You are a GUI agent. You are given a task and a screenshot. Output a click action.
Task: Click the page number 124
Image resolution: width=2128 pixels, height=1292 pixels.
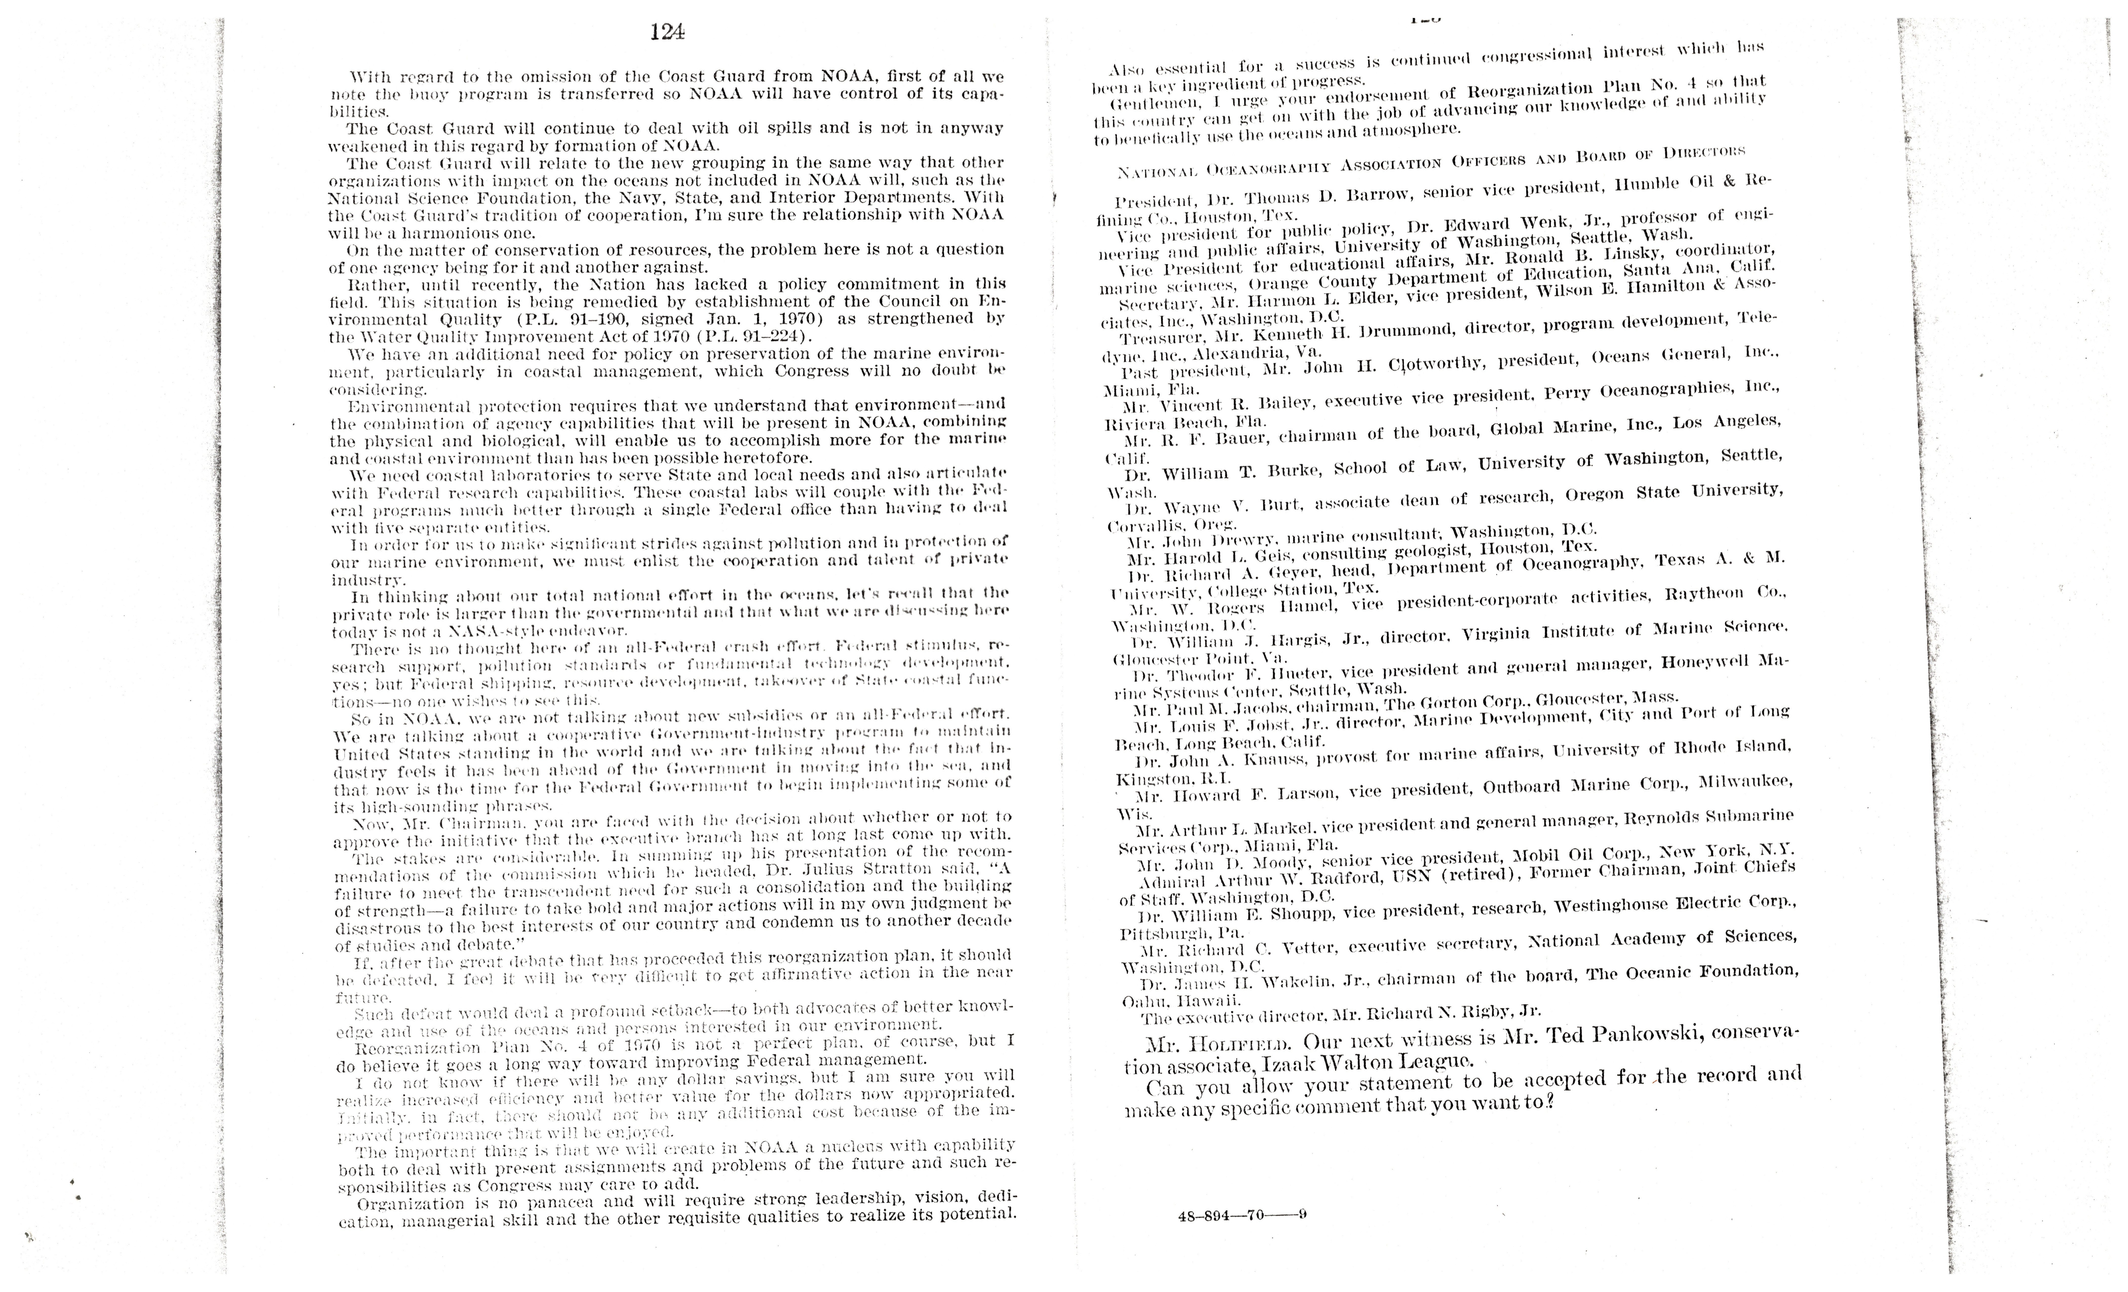[x=668, y=32]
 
